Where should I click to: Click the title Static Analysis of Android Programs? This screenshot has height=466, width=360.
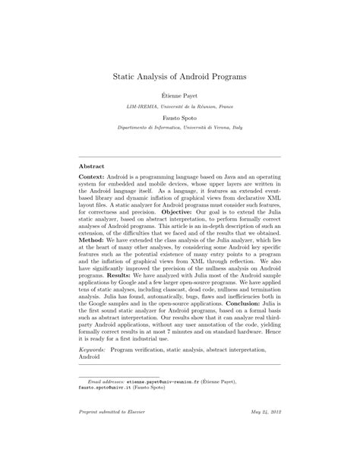180,77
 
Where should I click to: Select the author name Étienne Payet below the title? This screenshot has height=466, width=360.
179,100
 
